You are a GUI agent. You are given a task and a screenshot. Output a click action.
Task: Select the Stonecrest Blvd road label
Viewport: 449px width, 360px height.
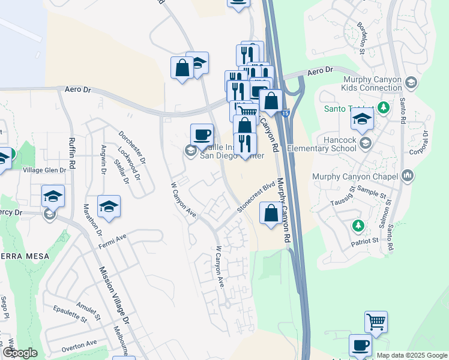pyautogui.click(x=256, y=196)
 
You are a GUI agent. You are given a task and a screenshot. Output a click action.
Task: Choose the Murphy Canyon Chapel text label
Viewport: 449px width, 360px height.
pyautogui.click(x=355, y=176)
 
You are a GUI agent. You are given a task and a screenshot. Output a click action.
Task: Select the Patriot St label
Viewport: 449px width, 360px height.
pyautogui.click(x=366, y=239)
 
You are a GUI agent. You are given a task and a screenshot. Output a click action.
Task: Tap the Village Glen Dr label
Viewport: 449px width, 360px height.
pyautogui.click(x=44, y=170)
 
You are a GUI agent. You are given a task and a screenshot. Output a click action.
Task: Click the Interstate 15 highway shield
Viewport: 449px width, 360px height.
pyautogui.click(x=285, y=112)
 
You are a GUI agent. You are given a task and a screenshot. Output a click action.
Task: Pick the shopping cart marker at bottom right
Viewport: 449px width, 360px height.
pyautogui.click(x=376, y=322)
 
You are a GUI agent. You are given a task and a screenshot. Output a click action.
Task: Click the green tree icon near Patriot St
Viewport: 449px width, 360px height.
pyautogui.click(x=358, y=225)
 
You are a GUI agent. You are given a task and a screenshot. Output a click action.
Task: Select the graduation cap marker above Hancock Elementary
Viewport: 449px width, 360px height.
pyautogui.click(x=363, y=121)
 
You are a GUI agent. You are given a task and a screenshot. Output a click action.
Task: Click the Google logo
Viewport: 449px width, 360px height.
pyautogui.click(x=19, y=353)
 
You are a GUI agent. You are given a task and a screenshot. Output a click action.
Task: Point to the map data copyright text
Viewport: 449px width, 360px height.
pyautogui.click(x=411, y=355)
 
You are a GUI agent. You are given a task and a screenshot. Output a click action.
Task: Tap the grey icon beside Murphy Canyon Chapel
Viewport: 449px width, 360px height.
pyautogui.click(x=409, y=175)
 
